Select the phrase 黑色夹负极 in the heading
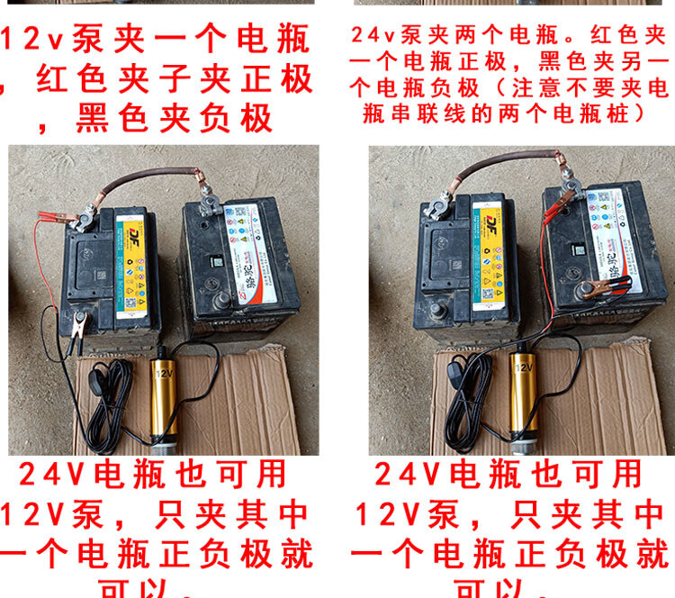[x=175, y=118]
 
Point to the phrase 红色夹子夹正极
[x=175, y=79]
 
